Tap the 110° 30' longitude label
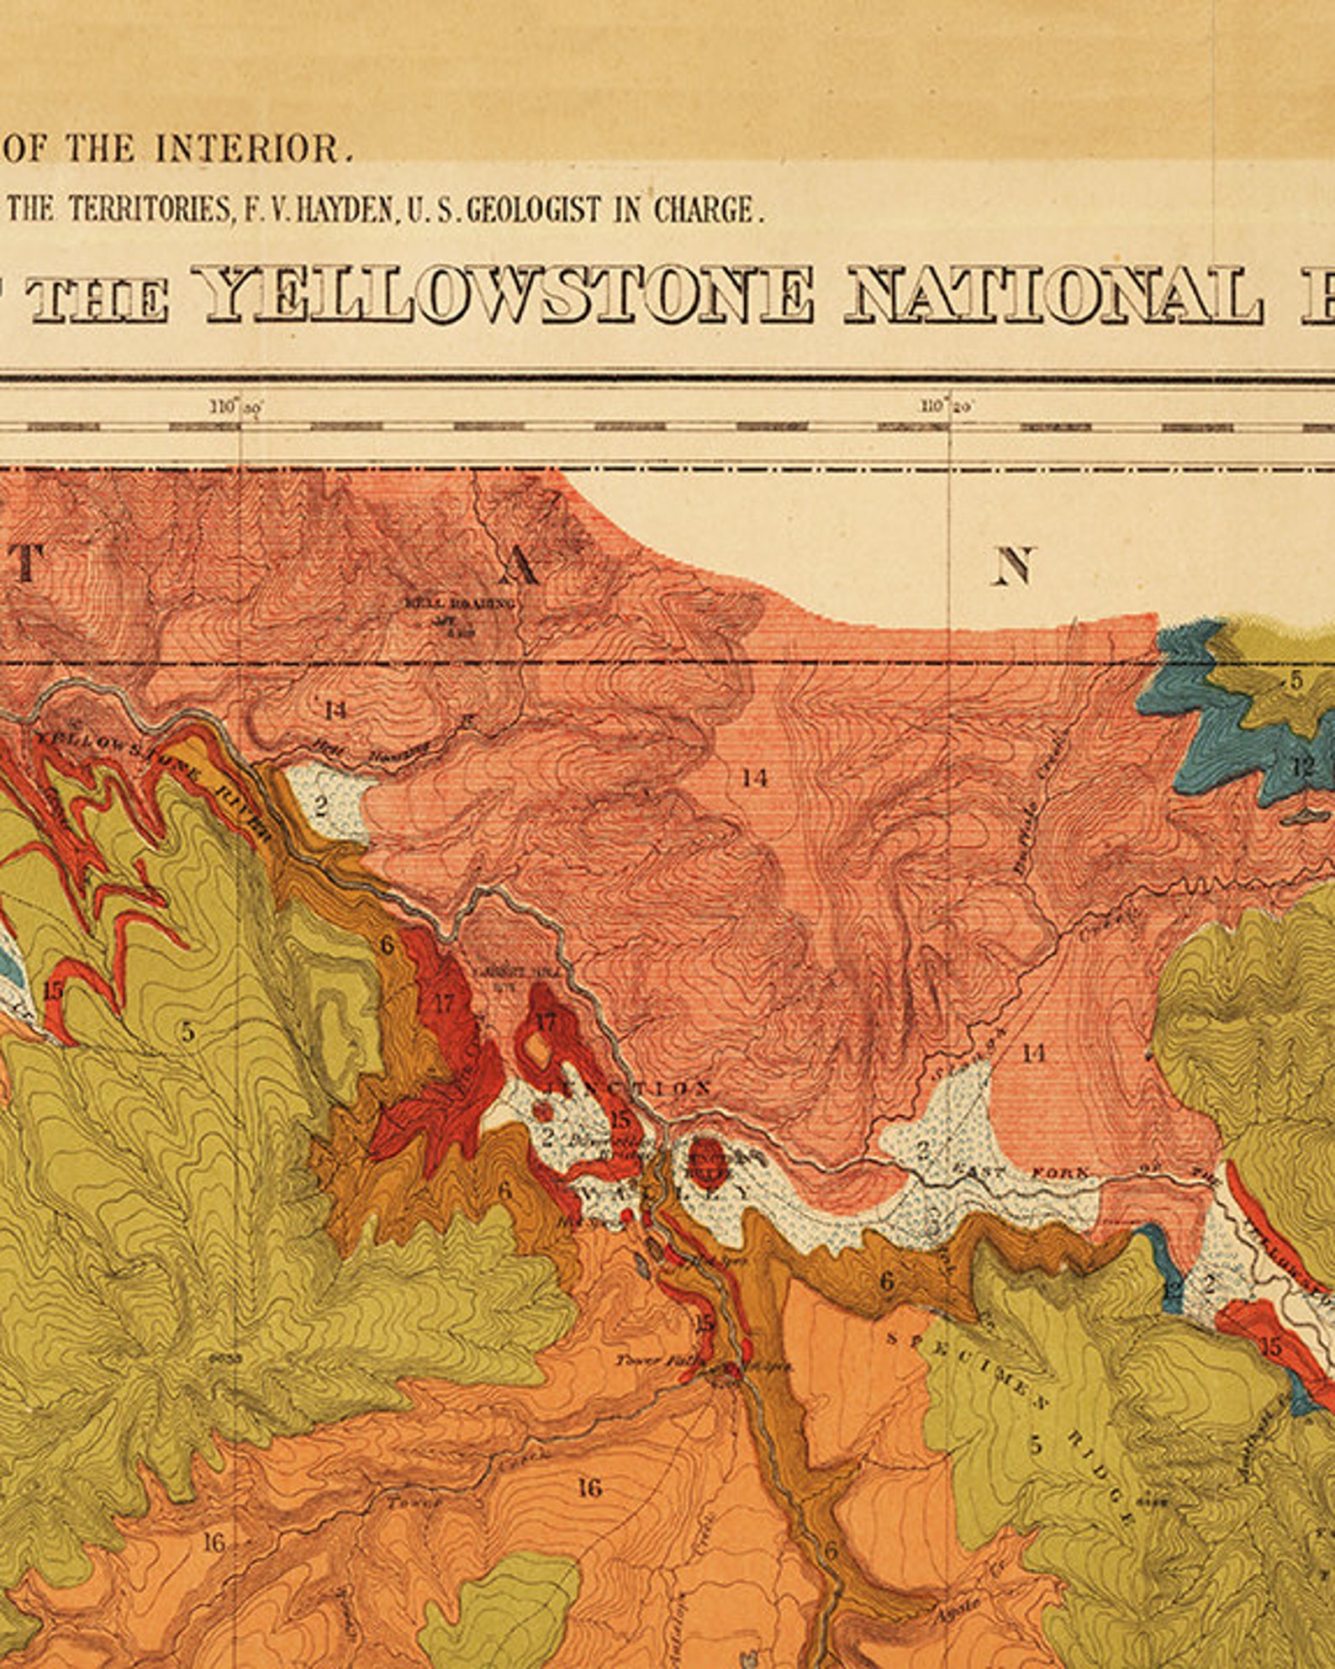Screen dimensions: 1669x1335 [x=236, y=408]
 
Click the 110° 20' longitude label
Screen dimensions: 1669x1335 [x=946, y=407]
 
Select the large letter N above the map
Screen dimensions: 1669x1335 [x=1013, y=566]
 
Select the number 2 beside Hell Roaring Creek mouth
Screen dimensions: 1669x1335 [x=320, y=805]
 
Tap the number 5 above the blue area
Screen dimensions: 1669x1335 [x=1295, y=679]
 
